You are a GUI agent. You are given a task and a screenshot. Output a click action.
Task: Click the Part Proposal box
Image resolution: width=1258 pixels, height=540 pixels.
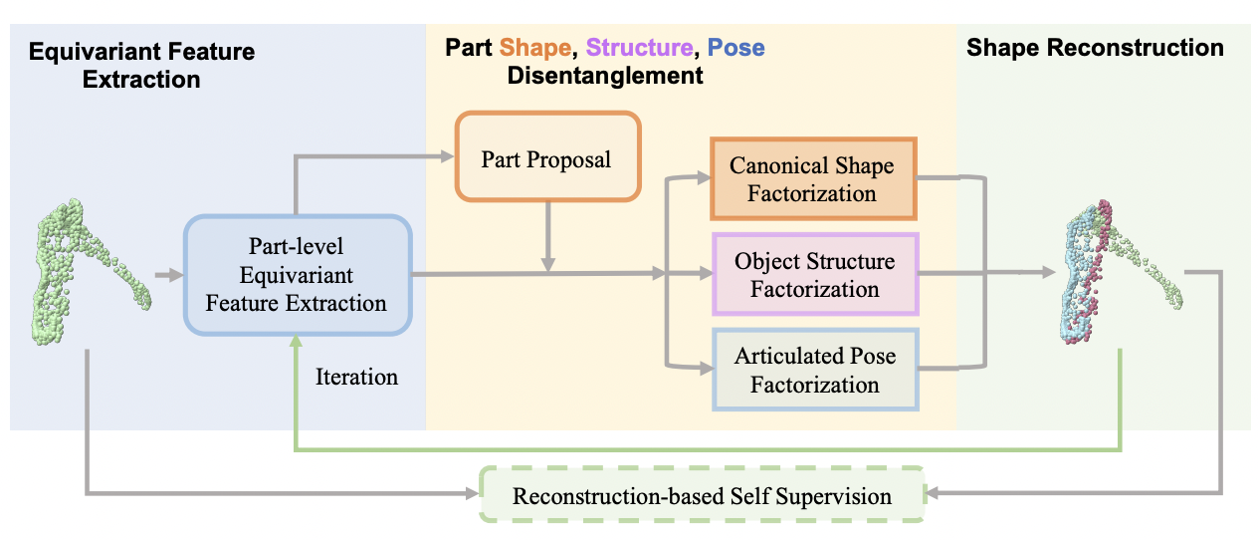(x=546, y=159)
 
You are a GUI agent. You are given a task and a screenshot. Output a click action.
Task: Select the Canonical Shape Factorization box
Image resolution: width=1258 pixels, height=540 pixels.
(x=811, y=179)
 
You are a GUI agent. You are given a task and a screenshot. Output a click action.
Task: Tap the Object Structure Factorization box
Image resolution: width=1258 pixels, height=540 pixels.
(x=814, y=275)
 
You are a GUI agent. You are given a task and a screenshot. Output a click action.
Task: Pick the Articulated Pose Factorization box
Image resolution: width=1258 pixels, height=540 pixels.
(x=814, y=370)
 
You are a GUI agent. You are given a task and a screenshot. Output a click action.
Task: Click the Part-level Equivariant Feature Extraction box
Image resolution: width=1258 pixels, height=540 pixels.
(x=296, y=274)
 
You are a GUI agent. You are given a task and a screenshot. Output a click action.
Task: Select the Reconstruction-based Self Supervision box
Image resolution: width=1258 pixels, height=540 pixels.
(x=702, y=495)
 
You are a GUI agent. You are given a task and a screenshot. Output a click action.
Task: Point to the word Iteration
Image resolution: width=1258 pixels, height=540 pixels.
(x=356, y=378)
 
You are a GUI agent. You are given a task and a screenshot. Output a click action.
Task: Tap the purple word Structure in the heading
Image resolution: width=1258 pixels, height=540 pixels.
(x=639, y=48)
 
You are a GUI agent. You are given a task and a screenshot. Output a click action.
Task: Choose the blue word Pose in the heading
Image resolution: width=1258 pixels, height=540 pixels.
(x=735, y=48)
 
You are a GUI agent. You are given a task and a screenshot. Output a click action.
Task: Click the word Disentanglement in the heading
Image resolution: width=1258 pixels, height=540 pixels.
(x=605, y=76)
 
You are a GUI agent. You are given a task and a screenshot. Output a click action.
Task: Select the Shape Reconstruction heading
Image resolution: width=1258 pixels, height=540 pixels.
(x=1095, y=48)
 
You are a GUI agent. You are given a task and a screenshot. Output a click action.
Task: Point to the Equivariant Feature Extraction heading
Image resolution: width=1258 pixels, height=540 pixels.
(x=141, y=65)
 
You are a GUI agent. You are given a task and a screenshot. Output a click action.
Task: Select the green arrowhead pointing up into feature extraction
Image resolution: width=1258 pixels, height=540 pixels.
(x=295, y=341)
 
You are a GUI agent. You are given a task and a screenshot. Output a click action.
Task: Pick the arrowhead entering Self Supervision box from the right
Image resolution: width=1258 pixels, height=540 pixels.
(x=934, y=492)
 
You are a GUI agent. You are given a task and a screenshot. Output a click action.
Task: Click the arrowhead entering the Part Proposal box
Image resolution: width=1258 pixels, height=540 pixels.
(x=448, y=155)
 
